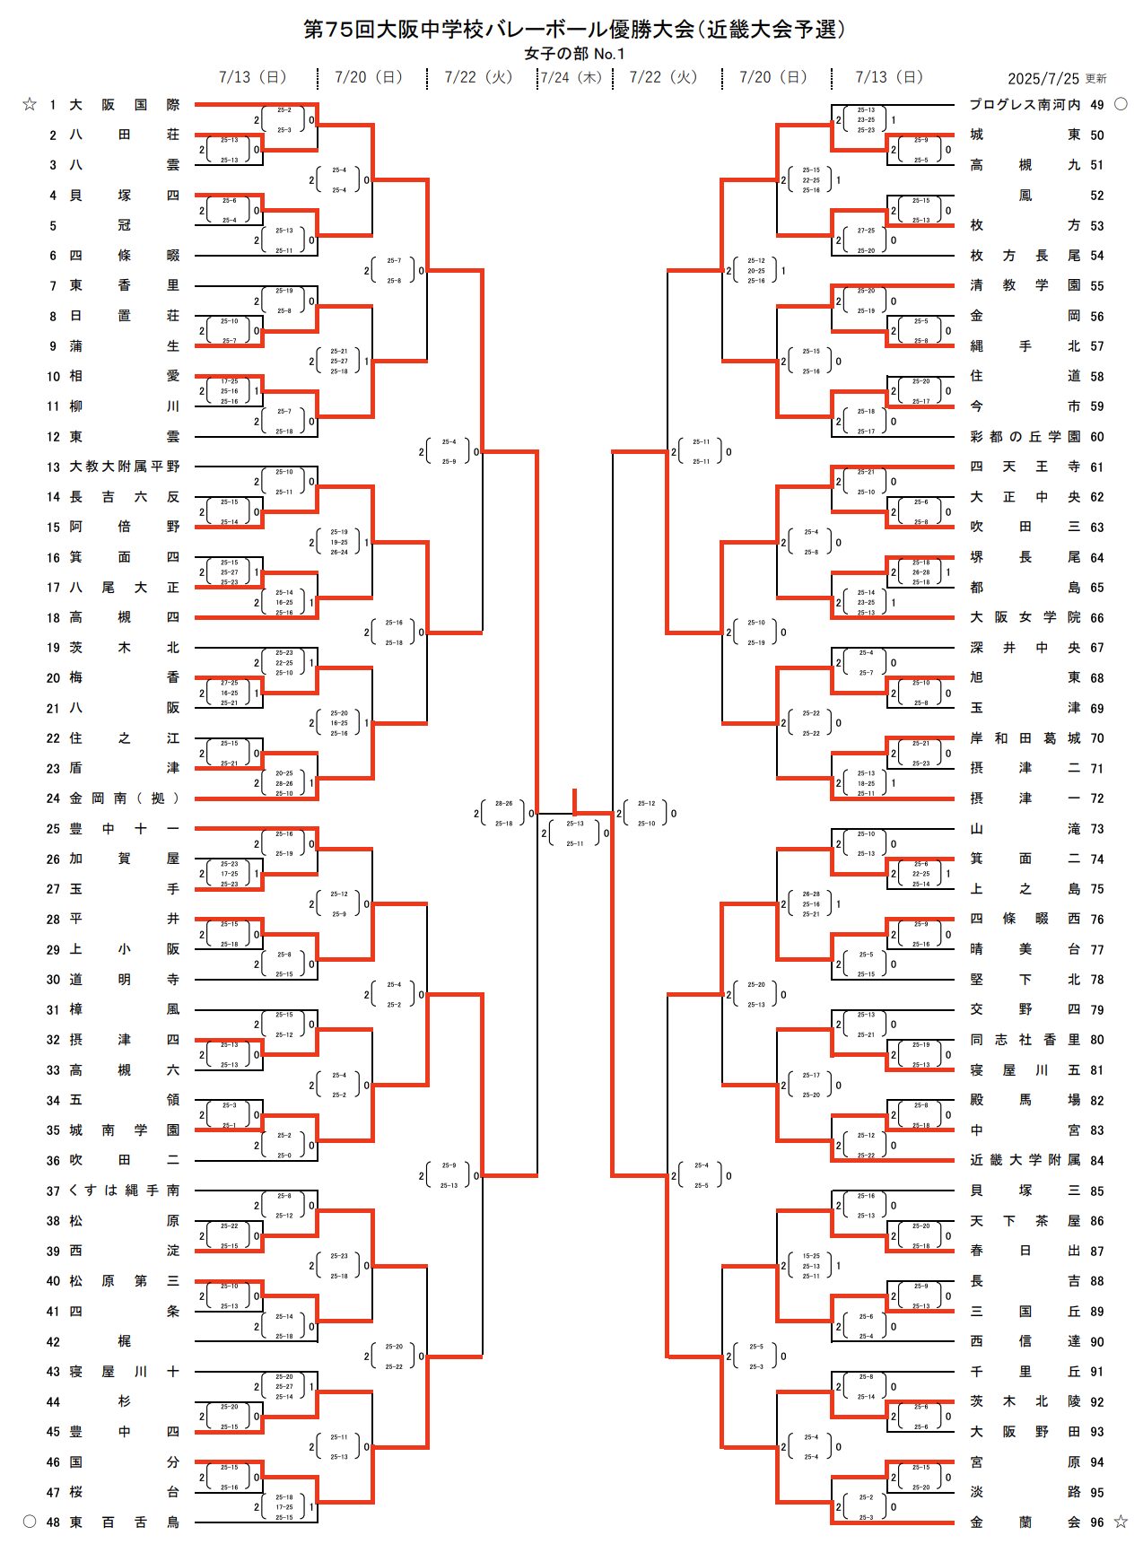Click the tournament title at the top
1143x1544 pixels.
pyautogui.click(x=574, y=30)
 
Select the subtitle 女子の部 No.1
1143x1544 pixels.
pyautogui.click(x=574, y=54)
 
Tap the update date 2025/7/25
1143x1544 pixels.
pyautogui.click(x=1044, y=79)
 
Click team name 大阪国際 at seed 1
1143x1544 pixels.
pyautogui.click(x=125, y=105)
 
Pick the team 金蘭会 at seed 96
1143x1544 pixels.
pyautogui.click(x=1025, y=1522)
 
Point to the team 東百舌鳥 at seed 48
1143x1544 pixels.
pyautogui.click(x=125, y=1522)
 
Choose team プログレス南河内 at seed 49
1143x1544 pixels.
pyautogui.click(x=1025, y=105)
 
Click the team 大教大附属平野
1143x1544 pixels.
pyautogui.click(x=125, y=467)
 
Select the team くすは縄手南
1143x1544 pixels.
pyautogui.click(x=125, y=1191)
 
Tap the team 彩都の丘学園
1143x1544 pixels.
pyautogui.click(x=1025, y=437)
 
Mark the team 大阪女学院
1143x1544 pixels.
pyautogui.click(x=1025, y=617)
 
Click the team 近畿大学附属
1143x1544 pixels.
pyautogui.click(x=1025, y=1160)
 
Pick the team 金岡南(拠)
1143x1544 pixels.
pyautogui.click(x=125, y=798)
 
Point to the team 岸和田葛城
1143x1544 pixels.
pyautogui.click(x=1025, y=738)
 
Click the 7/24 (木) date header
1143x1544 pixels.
pyautogui.click(x=571, y=77)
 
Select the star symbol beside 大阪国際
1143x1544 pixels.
pyautogui.click(x=30, y=105)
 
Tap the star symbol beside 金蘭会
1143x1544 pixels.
pyautogui.click(x=1121, y=1522)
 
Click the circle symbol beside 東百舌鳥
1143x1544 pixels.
pyautogui.click(x=30, y=1522)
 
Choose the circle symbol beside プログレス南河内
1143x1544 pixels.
pyautogui.click(x=1121, y=105)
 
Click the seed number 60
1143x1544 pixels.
pyautogui.click(x=1097, y=437)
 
